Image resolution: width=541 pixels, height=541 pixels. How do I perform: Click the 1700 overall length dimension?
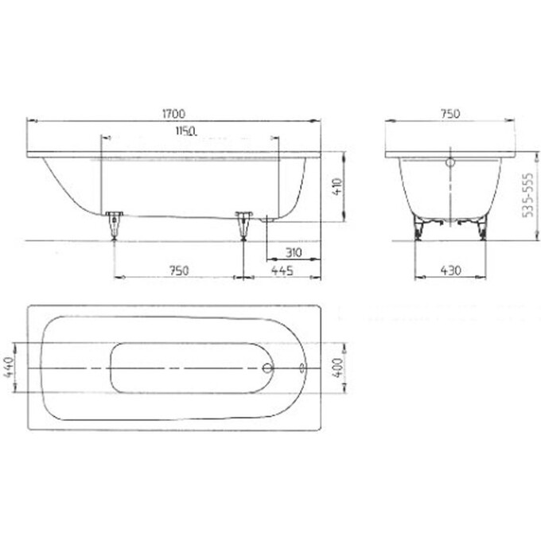[174, 114]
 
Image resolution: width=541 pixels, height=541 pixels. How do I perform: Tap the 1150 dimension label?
[186, 131]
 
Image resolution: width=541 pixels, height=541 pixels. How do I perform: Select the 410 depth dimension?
[337, 187]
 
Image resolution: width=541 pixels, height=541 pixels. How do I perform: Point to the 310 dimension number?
[294, 253]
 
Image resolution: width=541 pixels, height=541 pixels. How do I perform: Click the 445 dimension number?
[282, 270]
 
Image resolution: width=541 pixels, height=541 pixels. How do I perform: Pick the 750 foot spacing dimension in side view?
[179, 270]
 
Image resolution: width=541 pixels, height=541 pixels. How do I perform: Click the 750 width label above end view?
[450, 114]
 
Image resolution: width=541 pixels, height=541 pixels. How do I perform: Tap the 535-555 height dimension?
[527, 195]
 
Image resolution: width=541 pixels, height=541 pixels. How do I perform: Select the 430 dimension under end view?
[450, 270]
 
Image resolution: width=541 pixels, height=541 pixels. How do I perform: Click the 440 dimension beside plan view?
[9, 367]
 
